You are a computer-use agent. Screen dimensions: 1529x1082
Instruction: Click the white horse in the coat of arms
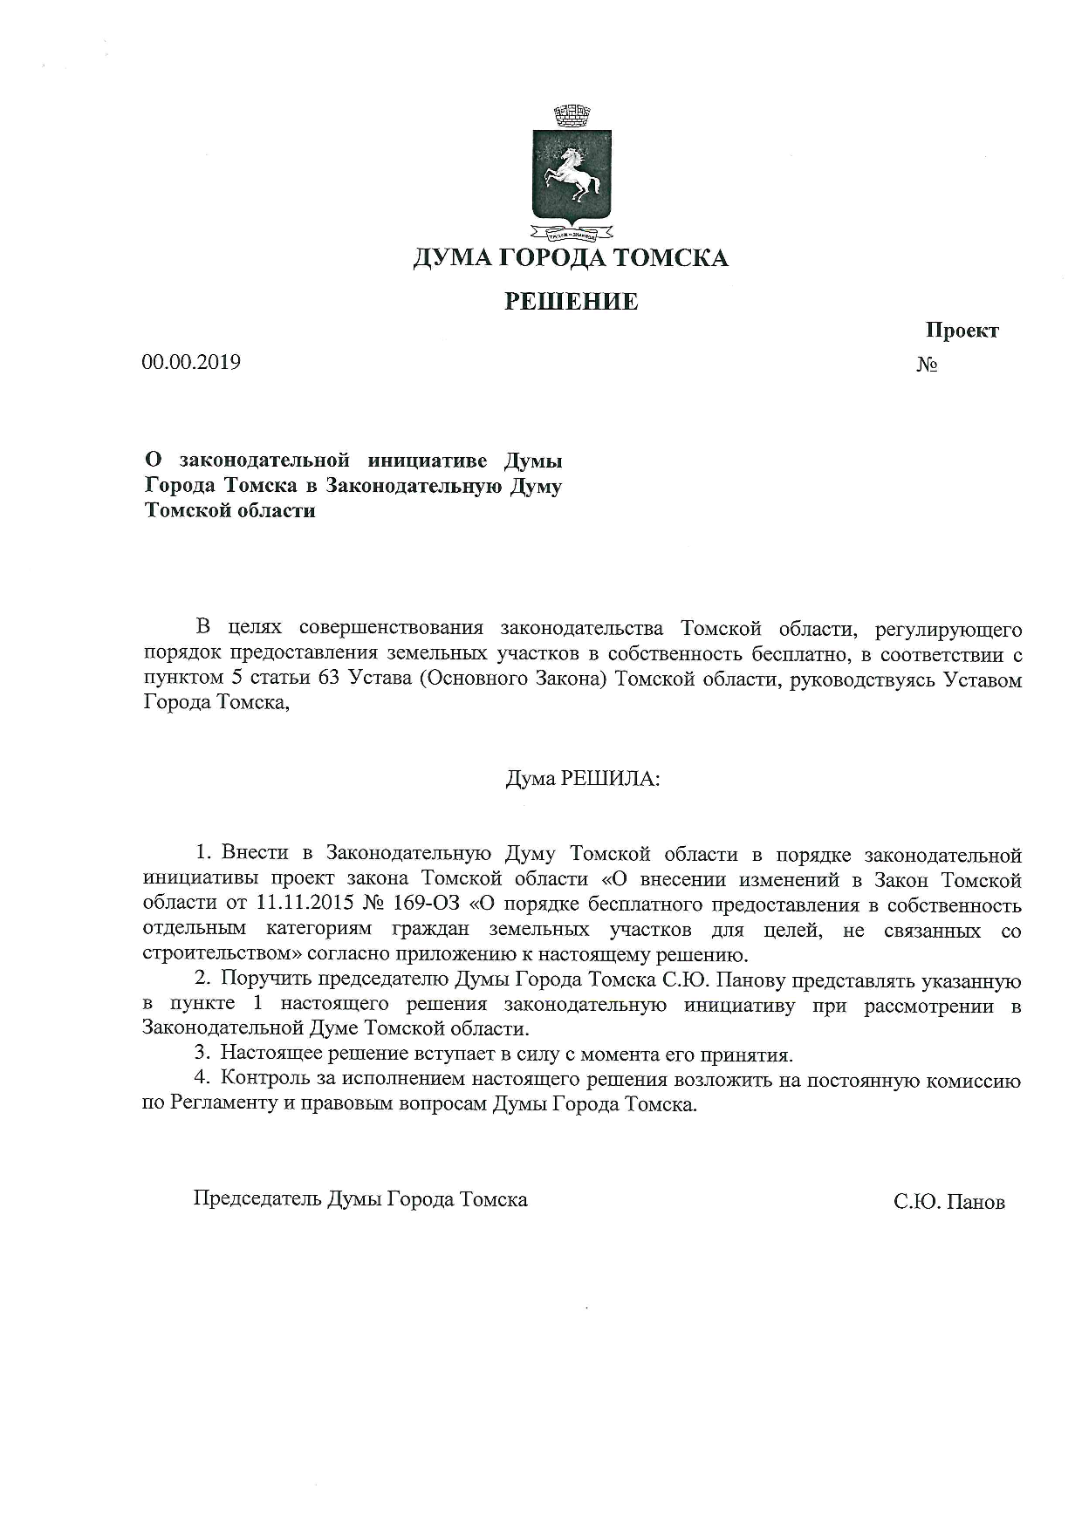(x=572, y=174)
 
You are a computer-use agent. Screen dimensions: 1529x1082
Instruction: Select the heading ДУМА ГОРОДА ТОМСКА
(x=570, y=258)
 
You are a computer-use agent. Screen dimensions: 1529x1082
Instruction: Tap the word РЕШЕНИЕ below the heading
(x=572, y=302)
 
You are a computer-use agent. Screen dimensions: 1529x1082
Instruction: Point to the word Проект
(x=962, y=331)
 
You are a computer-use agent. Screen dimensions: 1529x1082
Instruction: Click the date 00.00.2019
(x=191, y=362)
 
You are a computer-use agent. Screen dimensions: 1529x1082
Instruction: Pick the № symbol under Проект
(x=927, y=364)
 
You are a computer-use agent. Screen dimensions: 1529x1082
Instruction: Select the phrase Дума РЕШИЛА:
(x=583, y=778)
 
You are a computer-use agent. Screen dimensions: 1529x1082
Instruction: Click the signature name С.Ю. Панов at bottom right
(x=949, y=1202)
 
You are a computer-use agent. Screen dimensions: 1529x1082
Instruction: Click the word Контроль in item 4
(x=265, y=1081)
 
